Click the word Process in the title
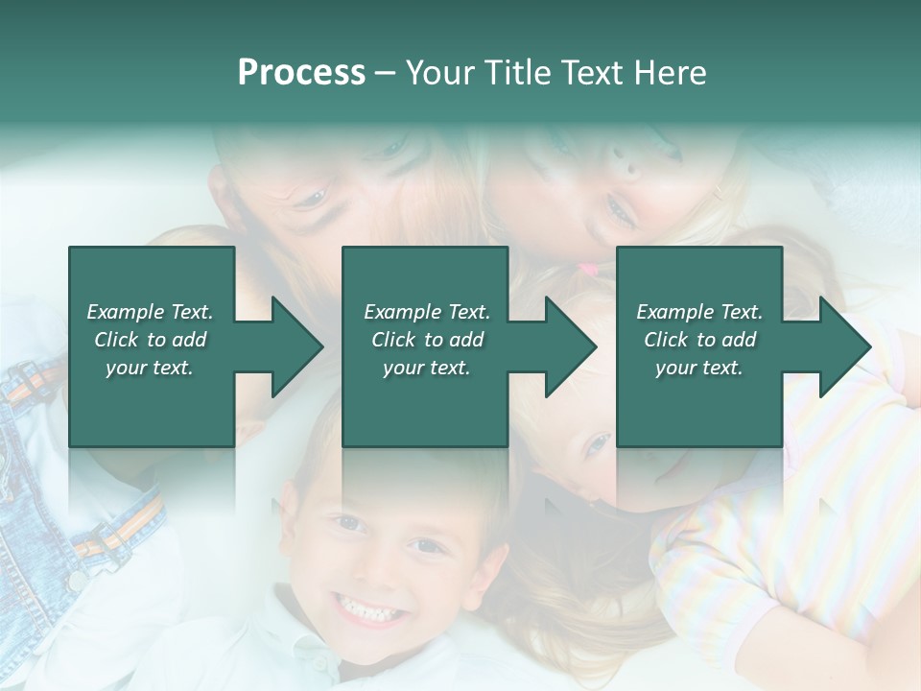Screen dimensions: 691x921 click(x=301, y=73)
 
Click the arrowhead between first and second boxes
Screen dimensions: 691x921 click(x=295, y=346)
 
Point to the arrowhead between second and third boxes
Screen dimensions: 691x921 click(x=570, y=346)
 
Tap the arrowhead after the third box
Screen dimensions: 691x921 click(x=843, y=346)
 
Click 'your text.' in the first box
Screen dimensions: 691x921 click(x=150, y=368)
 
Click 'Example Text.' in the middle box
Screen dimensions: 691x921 click(x=426, y=312)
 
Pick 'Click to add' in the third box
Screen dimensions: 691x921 click(x=699, y=340)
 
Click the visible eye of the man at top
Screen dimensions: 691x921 click(x=309, y=200)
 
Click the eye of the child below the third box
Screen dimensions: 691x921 click(x=598, y=442)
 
